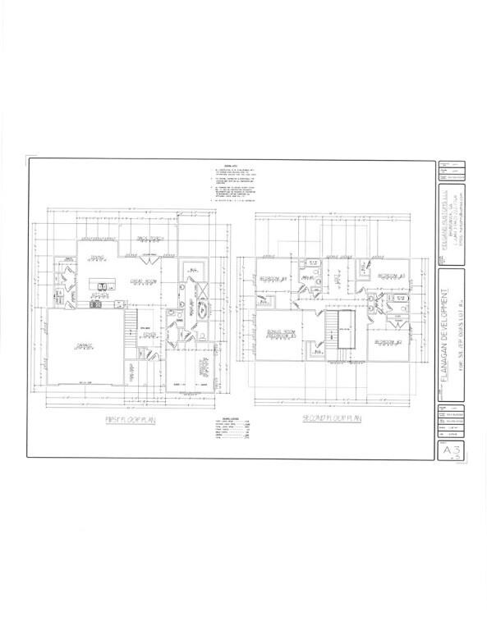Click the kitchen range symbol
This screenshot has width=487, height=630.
point(96,305)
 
